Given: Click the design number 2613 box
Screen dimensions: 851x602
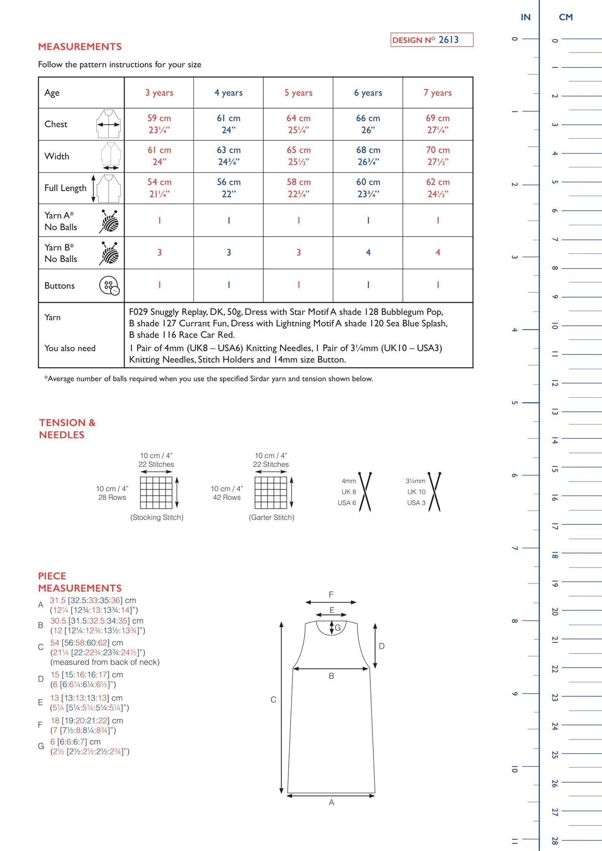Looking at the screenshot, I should pyautogui.click(x=432, y=40).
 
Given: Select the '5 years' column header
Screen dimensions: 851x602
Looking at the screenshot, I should pyautogui.click(x=298, y=93).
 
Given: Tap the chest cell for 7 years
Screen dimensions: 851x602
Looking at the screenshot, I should pyautogui.click(x=437, y=124).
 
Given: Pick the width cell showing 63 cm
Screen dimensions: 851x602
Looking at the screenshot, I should pyautogui.click(x=229, y=156).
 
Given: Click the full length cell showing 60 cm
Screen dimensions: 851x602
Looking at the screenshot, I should pyautogui.click(x=368, y=188).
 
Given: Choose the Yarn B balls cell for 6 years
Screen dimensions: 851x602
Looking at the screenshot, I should pyautogui.click(x=368, y=252).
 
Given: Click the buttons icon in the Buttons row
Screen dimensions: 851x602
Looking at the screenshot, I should pyautogui.click(x=109, y=285).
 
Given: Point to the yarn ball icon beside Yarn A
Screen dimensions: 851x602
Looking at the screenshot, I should pyautogui.click(x=109, y=221).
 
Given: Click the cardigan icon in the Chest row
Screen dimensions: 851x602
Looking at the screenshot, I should pyautogui.click(x=109, y=124).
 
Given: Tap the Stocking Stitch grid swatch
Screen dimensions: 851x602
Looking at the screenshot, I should pyautogui.click(x=156, y=492).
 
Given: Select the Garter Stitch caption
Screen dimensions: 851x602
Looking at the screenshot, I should pyautogui.click(x=271, y=517).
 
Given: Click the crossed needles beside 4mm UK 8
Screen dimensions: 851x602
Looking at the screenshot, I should pyautogui.click(x=365, y=492).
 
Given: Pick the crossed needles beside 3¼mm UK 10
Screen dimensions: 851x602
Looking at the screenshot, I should pyautogui.click(x=435, y=492).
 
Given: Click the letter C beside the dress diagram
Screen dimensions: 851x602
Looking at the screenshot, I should pyautogui.click(x=273, y=700).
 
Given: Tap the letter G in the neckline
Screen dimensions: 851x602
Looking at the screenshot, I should pyautogui.click(x=338, y=628).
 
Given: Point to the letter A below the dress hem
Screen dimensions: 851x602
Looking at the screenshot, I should pyautogui.click(x=332, y=803).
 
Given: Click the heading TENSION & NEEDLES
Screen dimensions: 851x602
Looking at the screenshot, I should pyautogui.click(x=67, y=428).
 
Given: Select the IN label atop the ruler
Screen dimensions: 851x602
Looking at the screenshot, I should pyautogui.click(x=525, y=17).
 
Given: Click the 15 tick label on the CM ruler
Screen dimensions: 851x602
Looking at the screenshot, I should pyautogui.click(x=555, y=469).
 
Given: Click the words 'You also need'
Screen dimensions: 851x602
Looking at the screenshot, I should pyautogui.click(x=70, y=348).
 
